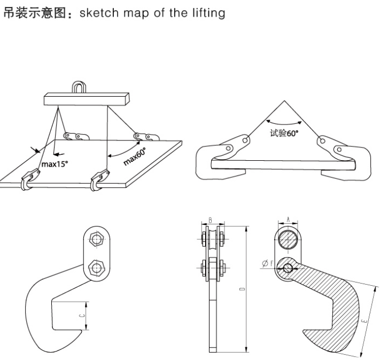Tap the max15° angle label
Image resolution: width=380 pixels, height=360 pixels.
56,164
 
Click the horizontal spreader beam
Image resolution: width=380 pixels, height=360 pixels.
88,99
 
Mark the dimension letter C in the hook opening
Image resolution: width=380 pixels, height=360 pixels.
81,316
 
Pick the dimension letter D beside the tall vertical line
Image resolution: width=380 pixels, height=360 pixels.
242,288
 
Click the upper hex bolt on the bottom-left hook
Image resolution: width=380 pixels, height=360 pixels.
96,241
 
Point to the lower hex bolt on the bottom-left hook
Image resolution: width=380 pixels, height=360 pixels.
96,267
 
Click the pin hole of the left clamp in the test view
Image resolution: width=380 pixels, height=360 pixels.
244,140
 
